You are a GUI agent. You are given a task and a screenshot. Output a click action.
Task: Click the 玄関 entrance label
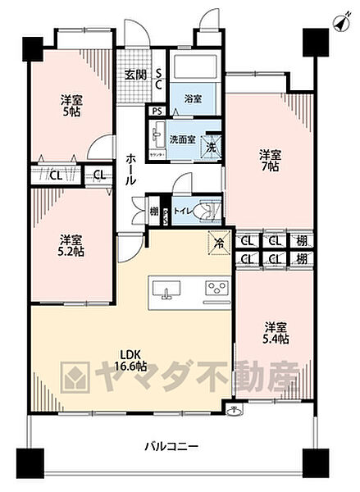pos(135,74)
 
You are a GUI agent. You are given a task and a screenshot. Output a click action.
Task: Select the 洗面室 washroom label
pos(181,139)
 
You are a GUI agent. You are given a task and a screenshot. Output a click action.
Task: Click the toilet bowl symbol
pos(209,211)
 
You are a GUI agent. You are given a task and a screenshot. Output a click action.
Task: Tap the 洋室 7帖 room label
pos(271,161)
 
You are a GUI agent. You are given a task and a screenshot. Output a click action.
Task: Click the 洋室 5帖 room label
pos(72,107)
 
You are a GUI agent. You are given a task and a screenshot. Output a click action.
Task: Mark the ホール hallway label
pos(131,169)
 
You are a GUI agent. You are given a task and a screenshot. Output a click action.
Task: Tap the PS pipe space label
pos(157,112)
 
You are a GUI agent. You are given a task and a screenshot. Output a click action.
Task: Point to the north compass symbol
pos(339,23)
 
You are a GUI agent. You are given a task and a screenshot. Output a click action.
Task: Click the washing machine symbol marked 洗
pos(212,148)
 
